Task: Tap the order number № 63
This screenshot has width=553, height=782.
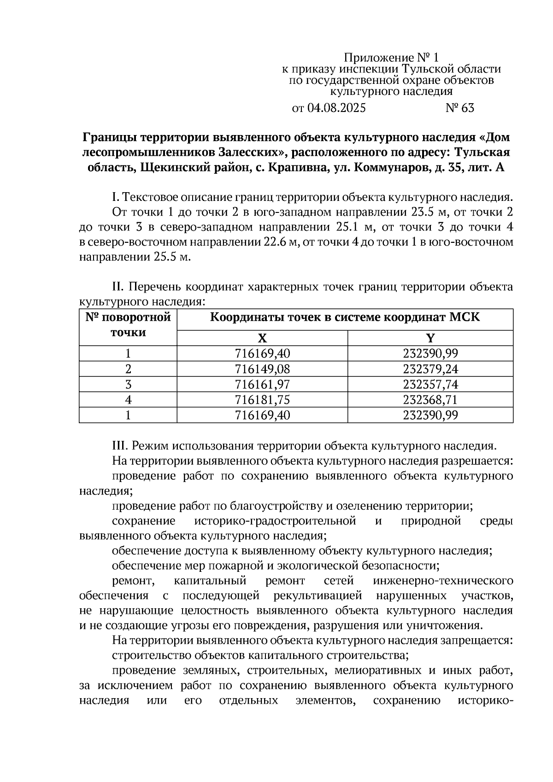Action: tap(459, 108)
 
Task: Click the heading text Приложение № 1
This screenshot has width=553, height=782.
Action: tap(392, 58)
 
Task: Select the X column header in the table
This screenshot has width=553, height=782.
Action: tap(262, 338)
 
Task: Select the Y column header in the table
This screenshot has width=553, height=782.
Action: tap(430, 338)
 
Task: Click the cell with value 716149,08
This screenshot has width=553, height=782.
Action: tap(262, 369)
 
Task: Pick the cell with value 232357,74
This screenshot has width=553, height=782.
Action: tap(430, 384)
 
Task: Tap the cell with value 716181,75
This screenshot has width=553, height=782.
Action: tap(262, 400)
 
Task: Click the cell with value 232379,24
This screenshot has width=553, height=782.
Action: tap(430, 369)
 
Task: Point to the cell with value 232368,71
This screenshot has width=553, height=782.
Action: tap(430, 400)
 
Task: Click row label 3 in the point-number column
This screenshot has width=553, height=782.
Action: tap(128, 384)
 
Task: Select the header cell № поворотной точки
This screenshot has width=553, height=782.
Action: tap(128, 325)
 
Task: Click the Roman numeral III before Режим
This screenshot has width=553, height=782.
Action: tap(121, 446)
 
